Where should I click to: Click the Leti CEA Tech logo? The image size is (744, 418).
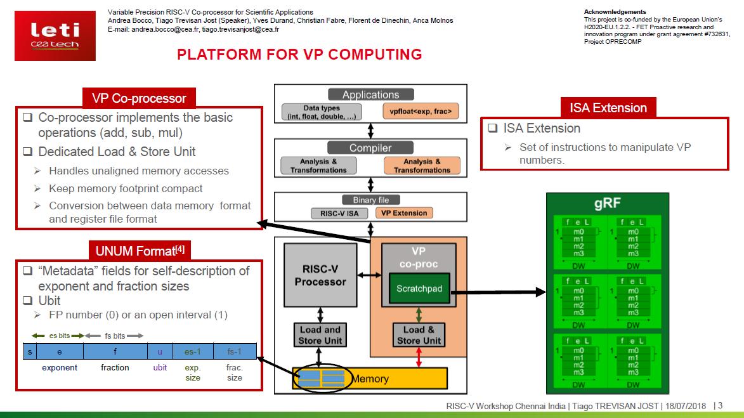click(55, 36)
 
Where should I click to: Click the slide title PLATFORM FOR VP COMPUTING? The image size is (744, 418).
click(299, 55)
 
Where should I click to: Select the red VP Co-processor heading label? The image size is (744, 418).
click(139, 98)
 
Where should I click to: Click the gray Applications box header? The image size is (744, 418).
click(370, 95)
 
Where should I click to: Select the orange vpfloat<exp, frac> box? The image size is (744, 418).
click(421, 112)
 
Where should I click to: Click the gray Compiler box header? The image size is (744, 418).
click(370, 148)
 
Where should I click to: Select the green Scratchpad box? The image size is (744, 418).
click(418, 289)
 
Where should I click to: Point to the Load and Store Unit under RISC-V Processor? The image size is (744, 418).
click(320, 335)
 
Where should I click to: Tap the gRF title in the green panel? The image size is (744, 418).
click(607, 204)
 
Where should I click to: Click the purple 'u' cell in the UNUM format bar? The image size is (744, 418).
click(159, 351)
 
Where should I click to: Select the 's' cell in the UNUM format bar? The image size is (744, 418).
click(30, 351)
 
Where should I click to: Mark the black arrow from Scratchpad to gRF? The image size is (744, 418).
click(498, 292)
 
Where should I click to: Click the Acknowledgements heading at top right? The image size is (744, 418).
click(615, 12)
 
